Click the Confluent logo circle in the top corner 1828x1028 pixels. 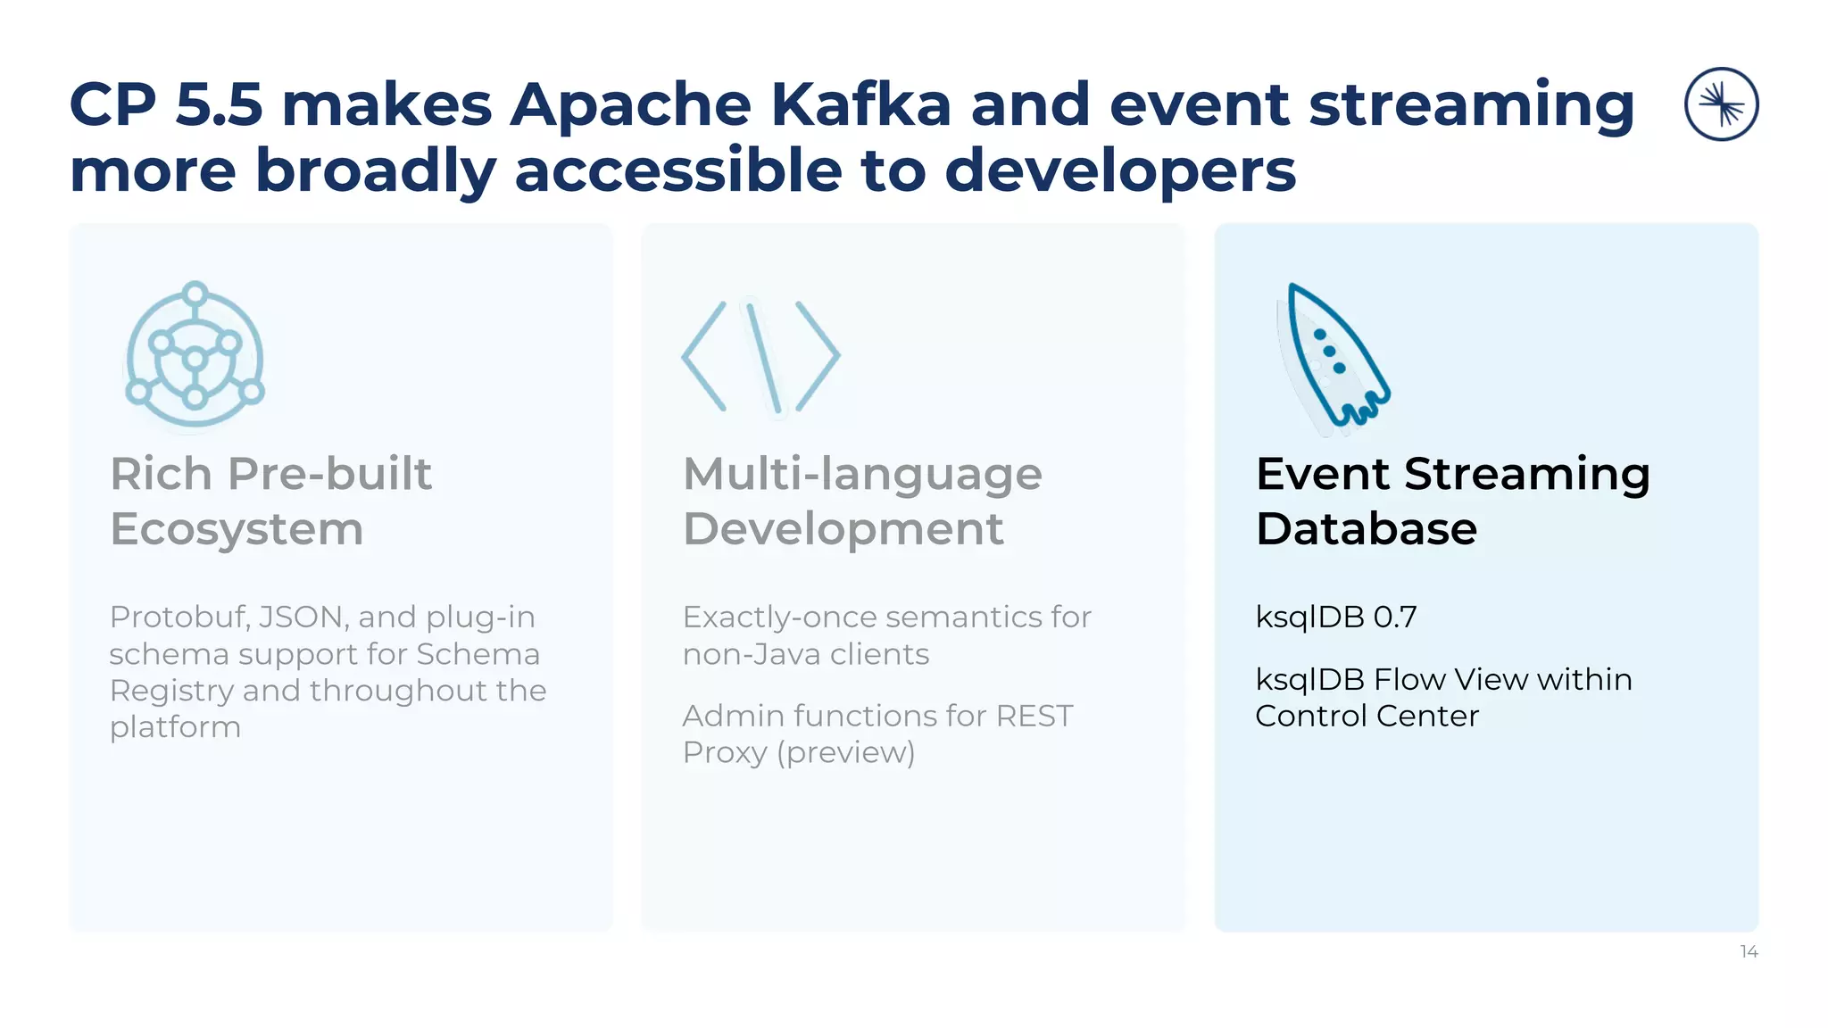(x=1721, y=104)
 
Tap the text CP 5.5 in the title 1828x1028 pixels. (x=166, y=105)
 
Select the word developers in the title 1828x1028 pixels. (x=1119, y=171)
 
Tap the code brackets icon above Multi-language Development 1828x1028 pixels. (x=760, y=357)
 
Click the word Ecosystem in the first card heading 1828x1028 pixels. (x=237, y=529)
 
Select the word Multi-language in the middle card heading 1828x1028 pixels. (x=862, y=474)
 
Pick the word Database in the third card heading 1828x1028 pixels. (x=1366, y=529)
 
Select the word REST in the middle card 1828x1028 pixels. (x=1034, y=717)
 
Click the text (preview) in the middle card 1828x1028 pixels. (x=846, y=753)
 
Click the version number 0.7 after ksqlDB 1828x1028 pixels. (x=1395, y=618)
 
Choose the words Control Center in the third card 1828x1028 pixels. (x=1367, y=717)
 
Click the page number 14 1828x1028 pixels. (x=1749, y=952)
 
